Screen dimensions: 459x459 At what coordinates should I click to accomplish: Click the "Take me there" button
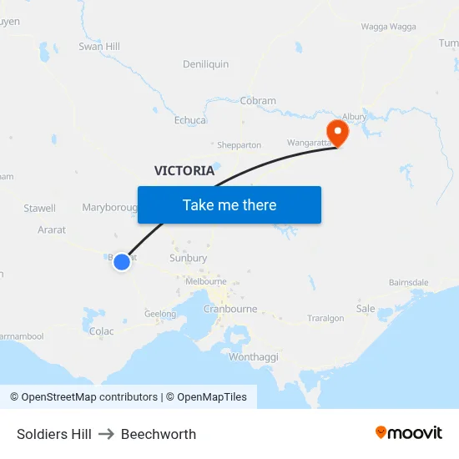point(229,205)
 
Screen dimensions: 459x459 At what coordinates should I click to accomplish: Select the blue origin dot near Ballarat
point(122,262)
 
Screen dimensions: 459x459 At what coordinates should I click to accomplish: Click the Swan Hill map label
point(98,47)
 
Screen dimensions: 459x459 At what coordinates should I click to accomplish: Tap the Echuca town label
point(190,120)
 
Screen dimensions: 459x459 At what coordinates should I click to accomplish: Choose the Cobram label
point(258,101)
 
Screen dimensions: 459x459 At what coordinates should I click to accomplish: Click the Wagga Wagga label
point(389,27)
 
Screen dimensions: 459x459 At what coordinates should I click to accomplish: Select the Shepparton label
point(240,145)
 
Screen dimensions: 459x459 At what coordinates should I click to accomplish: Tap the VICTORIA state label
point(184,170)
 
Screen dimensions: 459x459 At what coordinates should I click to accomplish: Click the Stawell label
point(40,208)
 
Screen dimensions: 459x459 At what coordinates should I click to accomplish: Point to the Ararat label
point(52,229)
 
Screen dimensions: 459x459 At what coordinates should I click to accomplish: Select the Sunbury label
point(188,259)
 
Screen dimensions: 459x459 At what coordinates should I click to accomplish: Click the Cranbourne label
point(229,309)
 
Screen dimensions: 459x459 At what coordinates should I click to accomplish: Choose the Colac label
point(101,331)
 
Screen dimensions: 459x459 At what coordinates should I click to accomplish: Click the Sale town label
point(366,309)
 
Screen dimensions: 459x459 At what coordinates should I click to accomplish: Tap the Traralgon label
point(325,319)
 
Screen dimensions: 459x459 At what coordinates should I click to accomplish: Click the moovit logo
point(409,433)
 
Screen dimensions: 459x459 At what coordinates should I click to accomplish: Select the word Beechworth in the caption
point(159,434)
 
